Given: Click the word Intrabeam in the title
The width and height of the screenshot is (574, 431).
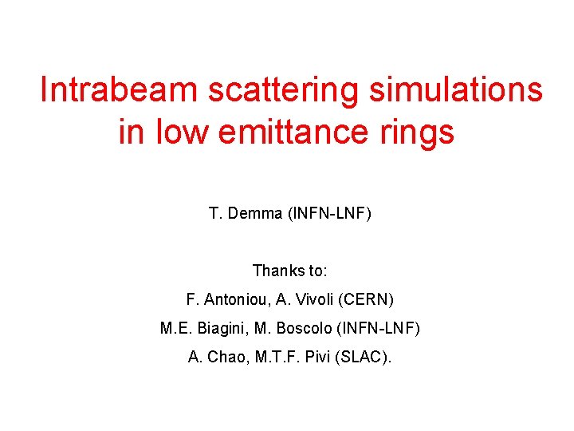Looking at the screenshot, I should [119, 90].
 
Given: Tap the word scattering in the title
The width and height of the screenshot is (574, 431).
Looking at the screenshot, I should [284, 90].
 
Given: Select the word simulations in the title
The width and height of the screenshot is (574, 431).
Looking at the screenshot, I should [455, 90].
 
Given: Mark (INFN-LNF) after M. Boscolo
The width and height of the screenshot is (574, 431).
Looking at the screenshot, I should [379, 328].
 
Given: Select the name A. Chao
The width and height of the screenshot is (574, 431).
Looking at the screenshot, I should [213, 357].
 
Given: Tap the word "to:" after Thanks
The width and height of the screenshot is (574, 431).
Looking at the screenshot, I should [316, 271].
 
